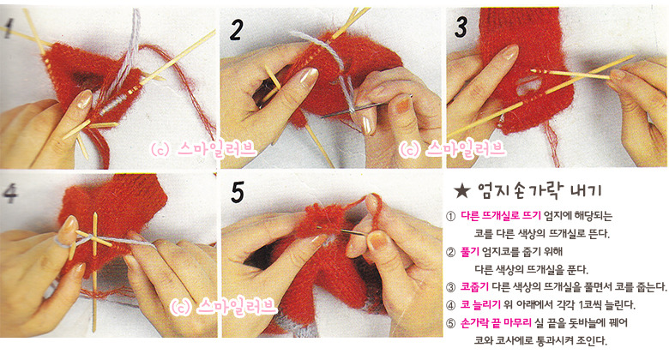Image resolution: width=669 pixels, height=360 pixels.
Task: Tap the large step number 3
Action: coord(461,27)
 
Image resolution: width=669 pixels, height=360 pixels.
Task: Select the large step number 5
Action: coord(238,192)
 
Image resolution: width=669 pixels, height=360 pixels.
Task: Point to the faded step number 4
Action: coord(9,193)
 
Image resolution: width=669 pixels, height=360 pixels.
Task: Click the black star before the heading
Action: coord(461,191)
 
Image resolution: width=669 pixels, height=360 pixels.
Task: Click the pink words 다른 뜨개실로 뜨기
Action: coord(501,216)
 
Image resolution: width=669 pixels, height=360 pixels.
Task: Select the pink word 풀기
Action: coord(470,252)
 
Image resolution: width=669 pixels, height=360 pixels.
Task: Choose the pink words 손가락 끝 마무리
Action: coord(496,322)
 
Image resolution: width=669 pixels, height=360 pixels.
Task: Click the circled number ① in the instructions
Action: coord(450,216)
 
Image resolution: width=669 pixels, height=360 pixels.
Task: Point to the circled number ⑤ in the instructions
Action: coord(450,323)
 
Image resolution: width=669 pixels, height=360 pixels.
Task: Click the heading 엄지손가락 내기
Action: coord(539,190)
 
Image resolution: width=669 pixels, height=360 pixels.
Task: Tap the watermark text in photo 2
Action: coord(452,149)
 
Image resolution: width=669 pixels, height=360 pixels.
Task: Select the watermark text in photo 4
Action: coord(224,306)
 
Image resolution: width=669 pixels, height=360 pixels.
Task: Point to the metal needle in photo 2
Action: coord(367,105)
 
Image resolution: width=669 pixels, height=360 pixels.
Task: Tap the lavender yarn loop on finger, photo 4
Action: coord(63,243)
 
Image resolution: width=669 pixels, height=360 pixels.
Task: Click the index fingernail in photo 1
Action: coord(84,99)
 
